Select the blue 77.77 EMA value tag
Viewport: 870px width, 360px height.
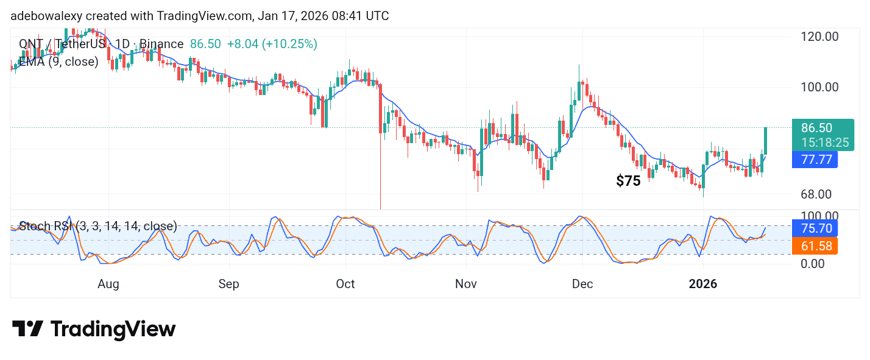[815, 160]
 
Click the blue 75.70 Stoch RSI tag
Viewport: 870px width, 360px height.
[815, 228]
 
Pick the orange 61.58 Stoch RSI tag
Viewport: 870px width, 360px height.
[815, 246]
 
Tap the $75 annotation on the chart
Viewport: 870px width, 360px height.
[628, 181]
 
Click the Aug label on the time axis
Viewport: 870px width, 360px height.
[108, 284]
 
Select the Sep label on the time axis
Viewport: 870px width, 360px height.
[229, 284]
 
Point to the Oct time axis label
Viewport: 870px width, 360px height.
[345, 284]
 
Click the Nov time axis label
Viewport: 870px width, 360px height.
[467, 284]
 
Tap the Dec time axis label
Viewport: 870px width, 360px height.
[582, 284]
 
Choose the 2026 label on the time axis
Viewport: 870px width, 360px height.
[702, 284]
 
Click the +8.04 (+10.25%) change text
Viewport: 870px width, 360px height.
[272, 44]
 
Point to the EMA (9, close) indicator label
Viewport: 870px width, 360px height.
[58, 62]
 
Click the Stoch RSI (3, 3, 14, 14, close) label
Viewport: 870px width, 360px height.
[98, 226]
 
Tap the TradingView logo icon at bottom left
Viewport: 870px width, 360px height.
[27, 330]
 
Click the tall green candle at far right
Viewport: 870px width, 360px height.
[766, 141]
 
